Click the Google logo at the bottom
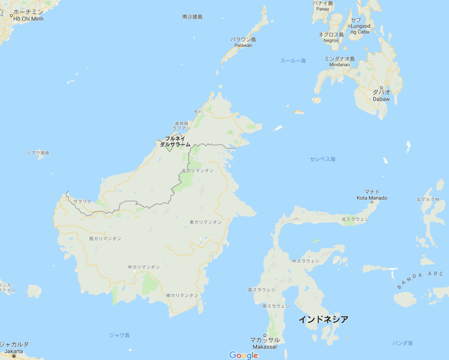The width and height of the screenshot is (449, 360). click(x=244, y=355)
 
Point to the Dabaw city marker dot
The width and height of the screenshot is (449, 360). click(x=382, y=88)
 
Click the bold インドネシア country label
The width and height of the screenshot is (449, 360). click(x=323, y=320)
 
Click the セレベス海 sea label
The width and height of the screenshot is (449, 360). click(x=323, y=159)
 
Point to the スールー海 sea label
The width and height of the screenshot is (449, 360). click(x=293, y=61)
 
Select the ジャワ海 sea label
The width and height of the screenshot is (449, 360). click(x=120, y=335)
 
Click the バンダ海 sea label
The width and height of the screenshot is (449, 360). click(x=402, y=343)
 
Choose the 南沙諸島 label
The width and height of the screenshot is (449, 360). click(x=193, y=17)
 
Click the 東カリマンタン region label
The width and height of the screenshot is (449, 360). click(x=205, y=222)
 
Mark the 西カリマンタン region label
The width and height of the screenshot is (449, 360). click(x=105, y=239)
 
